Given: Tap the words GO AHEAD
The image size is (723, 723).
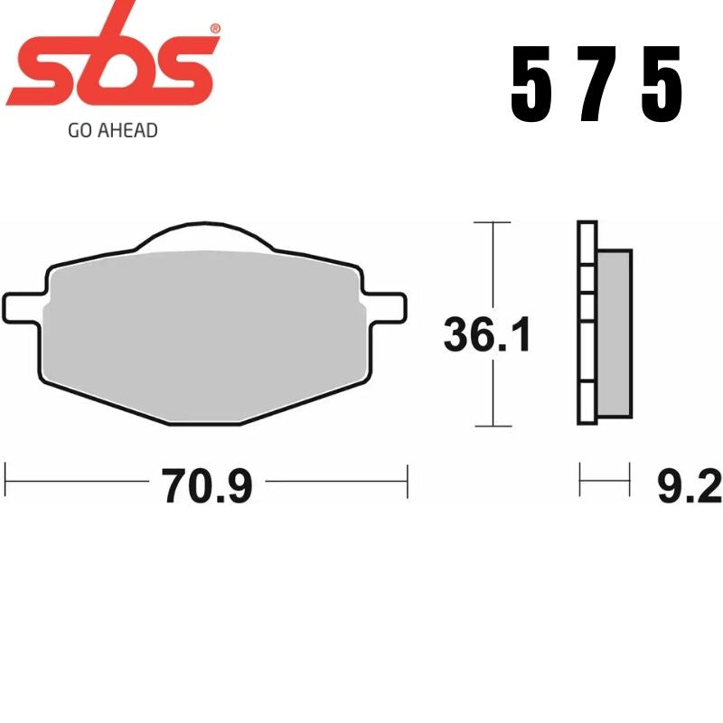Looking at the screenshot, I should [x=113, y=131].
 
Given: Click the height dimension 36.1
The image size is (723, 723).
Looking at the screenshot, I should [x=487, y=335].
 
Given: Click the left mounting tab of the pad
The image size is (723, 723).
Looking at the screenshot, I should [x=23, y=305].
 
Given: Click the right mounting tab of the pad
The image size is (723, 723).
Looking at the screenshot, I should [x=386, y=305].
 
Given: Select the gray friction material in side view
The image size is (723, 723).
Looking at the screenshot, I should [x=615, y=334].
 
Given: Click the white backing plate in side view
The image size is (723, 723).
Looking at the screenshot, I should [x=587, y=334].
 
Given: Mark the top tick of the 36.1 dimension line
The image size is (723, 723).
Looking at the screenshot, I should [x=493, y=221].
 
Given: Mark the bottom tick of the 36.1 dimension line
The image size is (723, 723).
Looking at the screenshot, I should [x=493, y=425].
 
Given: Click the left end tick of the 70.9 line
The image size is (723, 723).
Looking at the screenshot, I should [x=7, y=480].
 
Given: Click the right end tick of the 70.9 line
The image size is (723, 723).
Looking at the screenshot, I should [x=408, y=480].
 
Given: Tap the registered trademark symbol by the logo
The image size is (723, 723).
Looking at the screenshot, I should [x=214, y=29].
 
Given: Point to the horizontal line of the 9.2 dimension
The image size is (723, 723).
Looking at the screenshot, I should [x=604, y=480].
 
